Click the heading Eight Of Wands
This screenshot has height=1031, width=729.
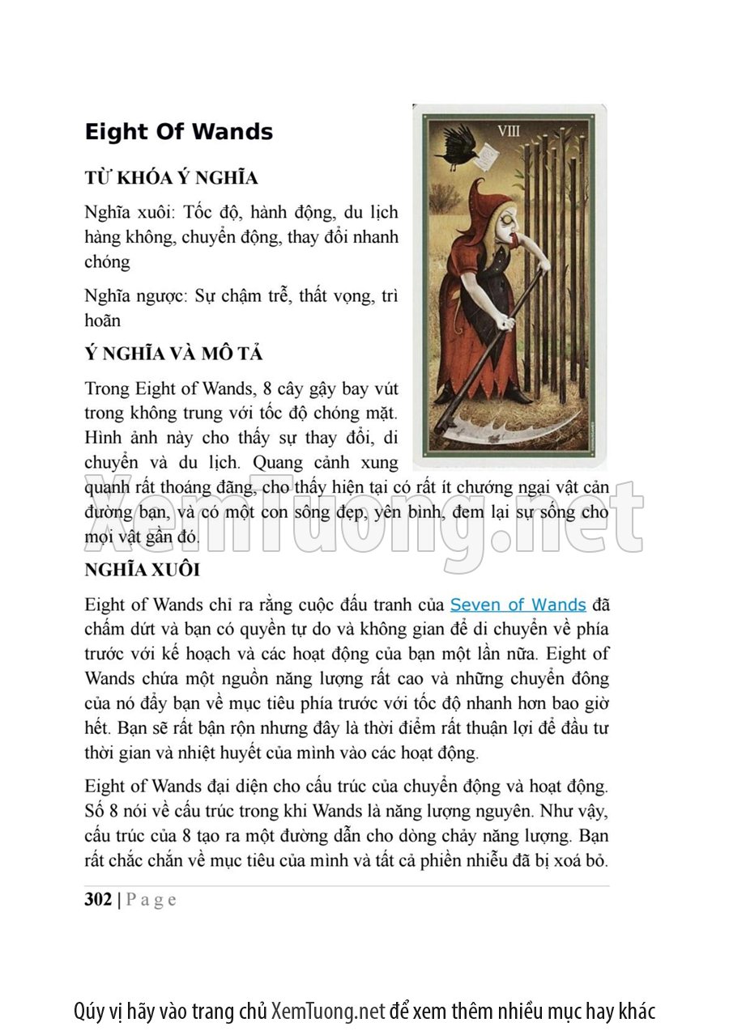(x=178, y=132)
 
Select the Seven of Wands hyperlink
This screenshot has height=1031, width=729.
(x=518, y=605)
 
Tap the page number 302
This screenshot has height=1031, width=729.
(x=98, y=899)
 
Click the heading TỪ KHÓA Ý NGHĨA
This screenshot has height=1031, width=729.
(x=171, y=178)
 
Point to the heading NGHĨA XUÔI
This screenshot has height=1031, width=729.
(x=142, y=570)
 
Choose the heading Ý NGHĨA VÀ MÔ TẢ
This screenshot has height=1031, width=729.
(x=173, y=354)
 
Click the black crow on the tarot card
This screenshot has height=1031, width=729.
(x=457, y=148)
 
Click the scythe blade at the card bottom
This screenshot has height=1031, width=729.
(x=494, y=429)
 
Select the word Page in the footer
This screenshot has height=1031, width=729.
(x=151, y=899)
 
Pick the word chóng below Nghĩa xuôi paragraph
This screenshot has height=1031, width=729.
(x=107, y=262)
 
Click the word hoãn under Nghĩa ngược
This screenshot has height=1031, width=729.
(x=102, y=320)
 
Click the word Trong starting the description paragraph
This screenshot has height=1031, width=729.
(x=107, y=388)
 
